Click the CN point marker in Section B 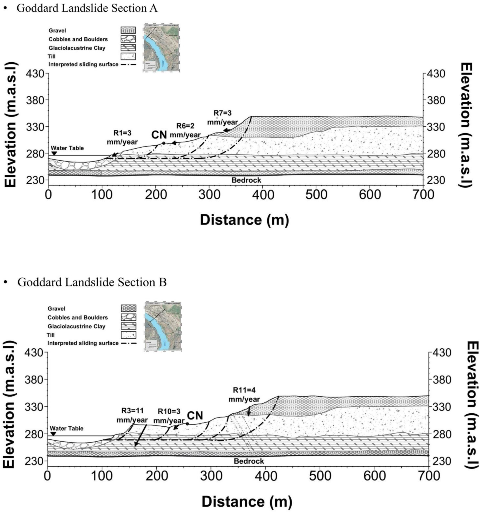(x=187, y=424)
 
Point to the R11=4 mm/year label (x=244, y=395)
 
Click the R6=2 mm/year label (x=185, y=130)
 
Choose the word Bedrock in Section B (x=249, y=461)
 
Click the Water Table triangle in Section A (x=54, y=154)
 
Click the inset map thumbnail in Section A (x=161, y=48)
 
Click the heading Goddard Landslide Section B (x=92, y=282)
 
